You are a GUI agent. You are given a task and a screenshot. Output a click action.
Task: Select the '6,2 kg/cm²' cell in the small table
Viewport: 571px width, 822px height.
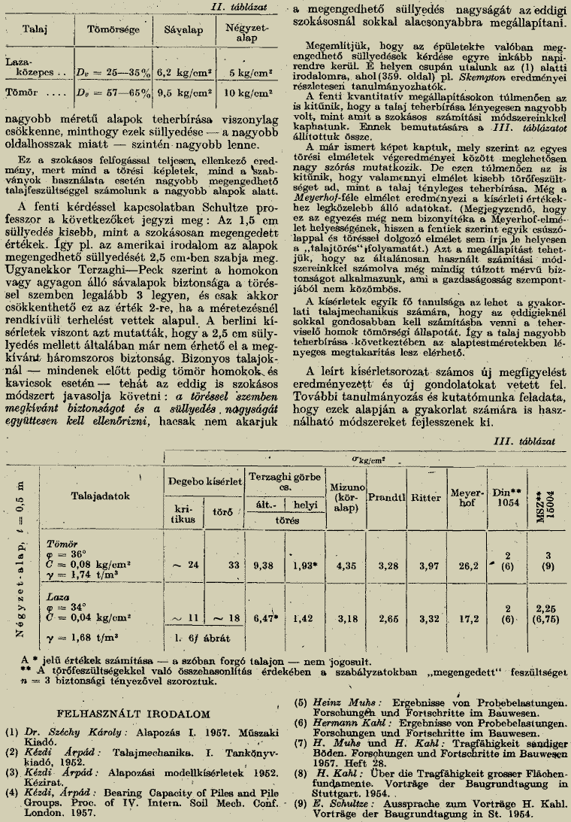(181, 74)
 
